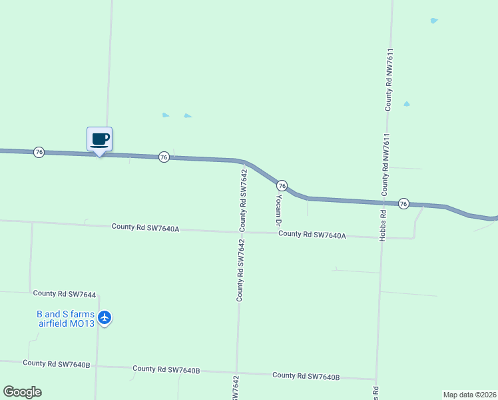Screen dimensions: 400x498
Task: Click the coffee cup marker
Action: click(99, 139)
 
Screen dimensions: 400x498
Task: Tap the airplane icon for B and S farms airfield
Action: click(105, 317)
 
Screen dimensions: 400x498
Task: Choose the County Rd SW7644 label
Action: click(65, 293)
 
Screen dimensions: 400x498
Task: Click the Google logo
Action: click(22, 392)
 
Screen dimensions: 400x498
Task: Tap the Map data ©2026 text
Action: click(470, 394)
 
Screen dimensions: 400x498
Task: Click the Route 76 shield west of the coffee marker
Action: click(39, 152)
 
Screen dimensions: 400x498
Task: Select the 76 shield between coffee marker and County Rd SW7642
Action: click(164, 157)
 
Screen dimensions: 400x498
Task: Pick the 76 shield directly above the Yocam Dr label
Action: click(282, 185)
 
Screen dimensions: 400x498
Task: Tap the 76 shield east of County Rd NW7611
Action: click(403, 203)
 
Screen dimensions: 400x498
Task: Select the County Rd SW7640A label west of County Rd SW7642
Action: click(146, 227)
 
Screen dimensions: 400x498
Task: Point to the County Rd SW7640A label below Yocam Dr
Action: click(312, 234)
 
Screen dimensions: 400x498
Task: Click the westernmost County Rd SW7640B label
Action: click(56, 363)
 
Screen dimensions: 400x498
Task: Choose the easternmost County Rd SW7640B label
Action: click(306, 376)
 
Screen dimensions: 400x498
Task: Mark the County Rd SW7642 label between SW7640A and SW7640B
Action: click(240, 271)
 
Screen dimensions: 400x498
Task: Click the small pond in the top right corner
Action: click(434, 21)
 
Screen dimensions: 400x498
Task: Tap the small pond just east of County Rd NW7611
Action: click(406, 104)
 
